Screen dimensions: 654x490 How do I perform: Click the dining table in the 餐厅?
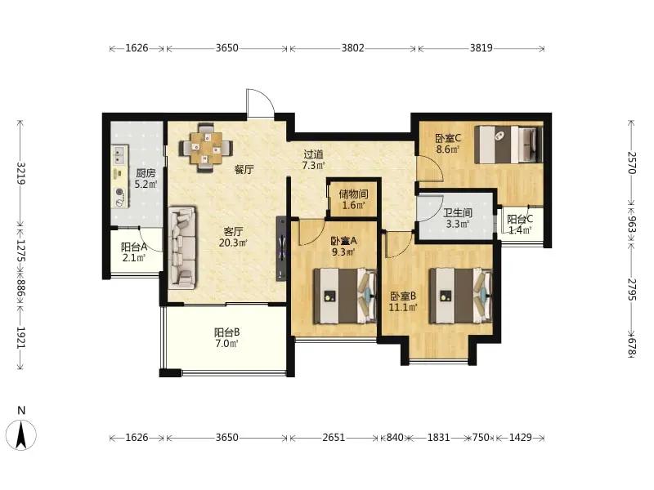point(206,148)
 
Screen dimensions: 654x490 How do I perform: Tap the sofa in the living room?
point(182,248)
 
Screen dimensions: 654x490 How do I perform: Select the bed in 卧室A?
point(345,296)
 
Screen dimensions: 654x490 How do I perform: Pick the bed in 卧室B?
point(461,296)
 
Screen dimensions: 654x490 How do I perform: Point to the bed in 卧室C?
point(508,145)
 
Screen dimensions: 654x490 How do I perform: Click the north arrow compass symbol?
point(22,434)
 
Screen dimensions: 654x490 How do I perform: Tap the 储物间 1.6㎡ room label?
point(353,199)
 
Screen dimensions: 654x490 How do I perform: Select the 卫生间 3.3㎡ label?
point(458,218)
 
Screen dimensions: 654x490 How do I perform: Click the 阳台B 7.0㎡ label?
point(227,338)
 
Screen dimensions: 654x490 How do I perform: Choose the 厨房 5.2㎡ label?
point(146,178)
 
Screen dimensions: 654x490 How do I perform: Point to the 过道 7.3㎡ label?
point(314,160)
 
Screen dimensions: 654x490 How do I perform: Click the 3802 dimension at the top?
point(353,48)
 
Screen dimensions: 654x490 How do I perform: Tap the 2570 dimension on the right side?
point(632,163)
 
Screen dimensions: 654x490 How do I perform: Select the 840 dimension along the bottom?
point(395,438)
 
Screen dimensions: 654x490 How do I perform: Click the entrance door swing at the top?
point(260,103)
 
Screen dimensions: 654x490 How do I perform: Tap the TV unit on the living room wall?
point(281,248)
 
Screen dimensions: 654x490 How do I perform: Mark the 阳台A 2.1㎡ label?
point(134,252)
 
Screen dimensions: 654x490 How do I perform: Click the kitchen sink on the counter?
point(119,154)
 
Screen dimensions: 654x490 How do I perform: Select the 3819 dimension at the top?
point(482,48)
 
